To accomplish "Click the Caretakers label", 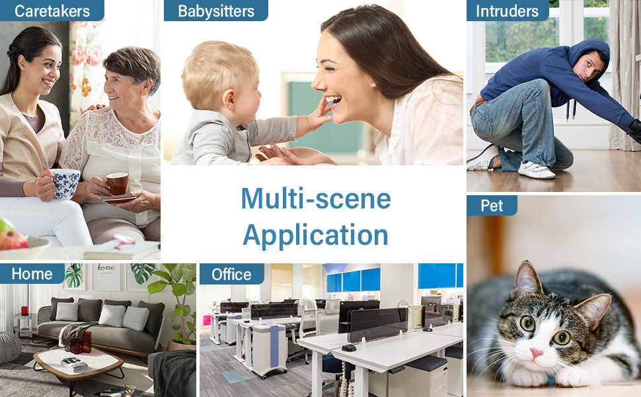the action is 52,11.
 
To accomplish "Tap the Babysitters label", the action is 216,11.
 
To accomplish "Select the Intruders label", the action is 508,11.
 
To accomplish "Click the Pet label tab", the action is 492,206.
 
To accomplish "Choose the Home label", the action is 32,274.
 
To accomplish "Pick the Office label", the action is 231,274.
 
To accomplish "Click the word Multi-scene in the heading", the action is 316,199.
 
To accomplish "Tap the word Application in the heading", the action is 316,236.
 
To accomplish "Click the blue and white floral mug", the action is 65,184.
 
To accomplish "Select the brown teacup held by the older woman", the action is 118,183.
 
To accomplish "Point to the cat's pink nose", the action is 536,353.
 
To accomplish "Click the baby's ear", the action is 228,98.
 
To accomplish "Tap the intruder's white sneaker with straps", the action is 536,169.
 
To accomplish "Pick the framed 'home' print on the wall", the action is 106,277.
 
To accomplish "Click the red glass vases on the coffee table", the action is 81,343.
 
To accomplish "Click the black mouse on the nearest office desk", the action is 349,348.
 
